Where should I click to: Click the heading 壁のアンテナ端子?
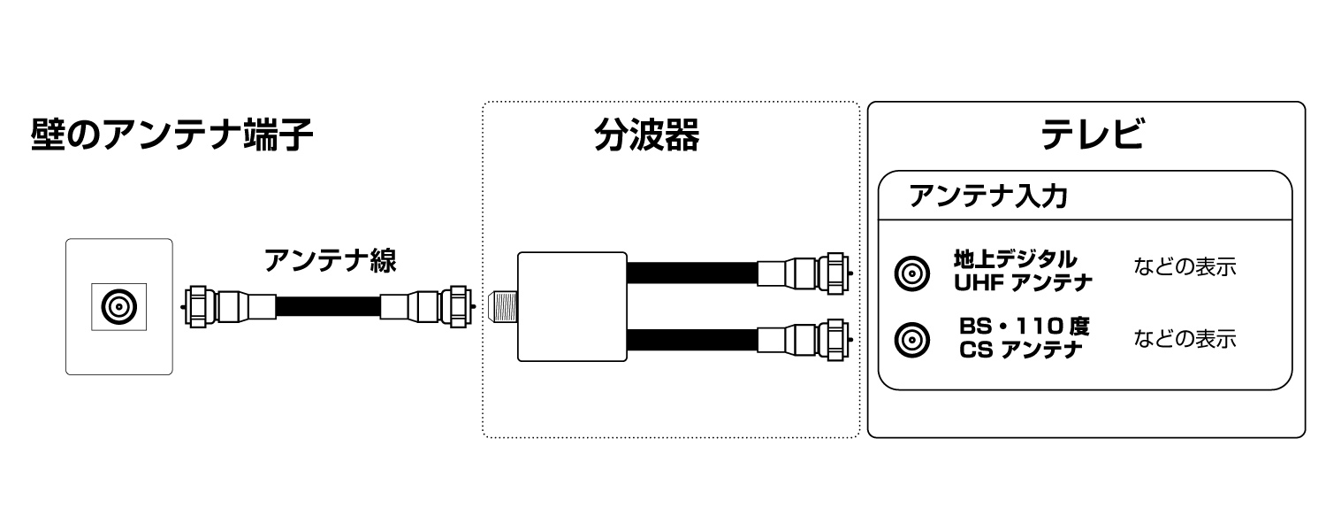coord(171,136)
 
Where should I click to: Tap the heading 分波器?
coord(646,136)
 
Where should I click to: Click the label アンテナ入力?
coord(987,196)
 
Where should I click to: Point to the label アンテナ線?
coord(330,260)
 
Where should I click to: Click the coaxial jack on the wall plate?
coord(118,307)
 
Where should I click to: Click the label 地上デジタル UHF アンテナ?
coord(1023,271)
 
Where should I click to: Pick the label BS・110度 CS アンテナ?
coord(1023,337)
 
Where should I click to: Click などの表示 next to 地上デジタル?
coord(1185,266)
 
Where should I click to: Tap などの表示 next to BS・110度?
coord(1185,338)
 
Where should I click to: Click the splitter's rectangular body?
coord(570,306)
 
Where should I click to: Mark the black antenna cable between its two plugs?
coord(328,307)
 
